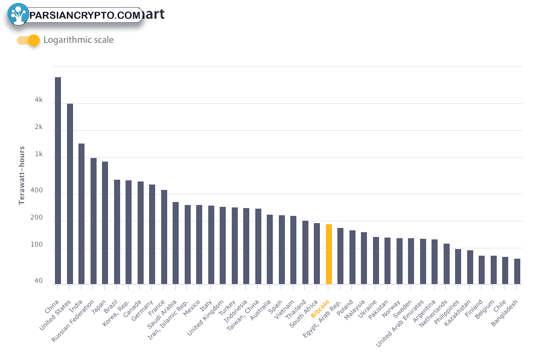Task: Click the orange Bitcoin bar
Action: tap(329, 254)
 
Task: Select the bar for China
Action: tap(58, 180)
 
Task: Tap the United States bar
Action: tap(70, 194)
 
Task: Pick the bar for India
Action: tap(81, 213)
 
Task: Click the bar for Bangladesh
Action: tap(517, 271)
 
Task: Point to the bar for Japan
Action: tap(105, 223)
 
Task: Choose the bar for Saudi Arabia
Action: tap(176, 242)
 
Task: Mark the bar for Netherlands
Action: tap(447, 264)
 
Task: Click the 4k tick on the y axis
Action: tap(39, 100)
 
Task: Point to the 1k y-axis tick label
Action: tap(39, 154)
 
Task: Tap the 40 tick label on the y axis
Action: tap(39, 281)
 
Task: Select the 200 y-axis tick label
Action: tap(37, 218)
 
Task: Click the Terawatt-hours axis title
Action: tap(22, 175)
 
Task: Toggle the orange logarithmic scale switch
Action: tap(28, 40)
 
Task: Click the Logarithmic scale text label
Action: tap(78, 40)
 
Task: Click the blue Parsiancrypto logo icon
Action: tap(19, 14)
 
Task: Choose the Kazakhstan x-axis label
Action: tap(458, 312)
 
